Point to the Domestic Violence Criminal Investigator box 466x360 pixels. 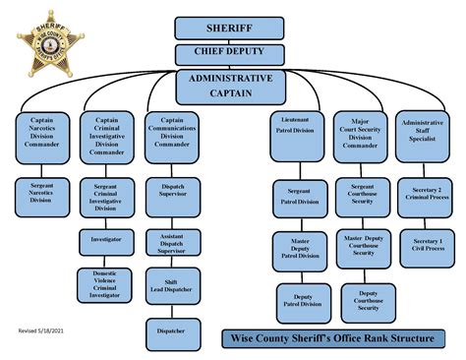point(106,283)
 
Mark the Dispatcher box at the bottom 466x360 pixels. point(172,330)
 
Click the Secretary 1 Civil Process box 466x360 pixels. point(426,246)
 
